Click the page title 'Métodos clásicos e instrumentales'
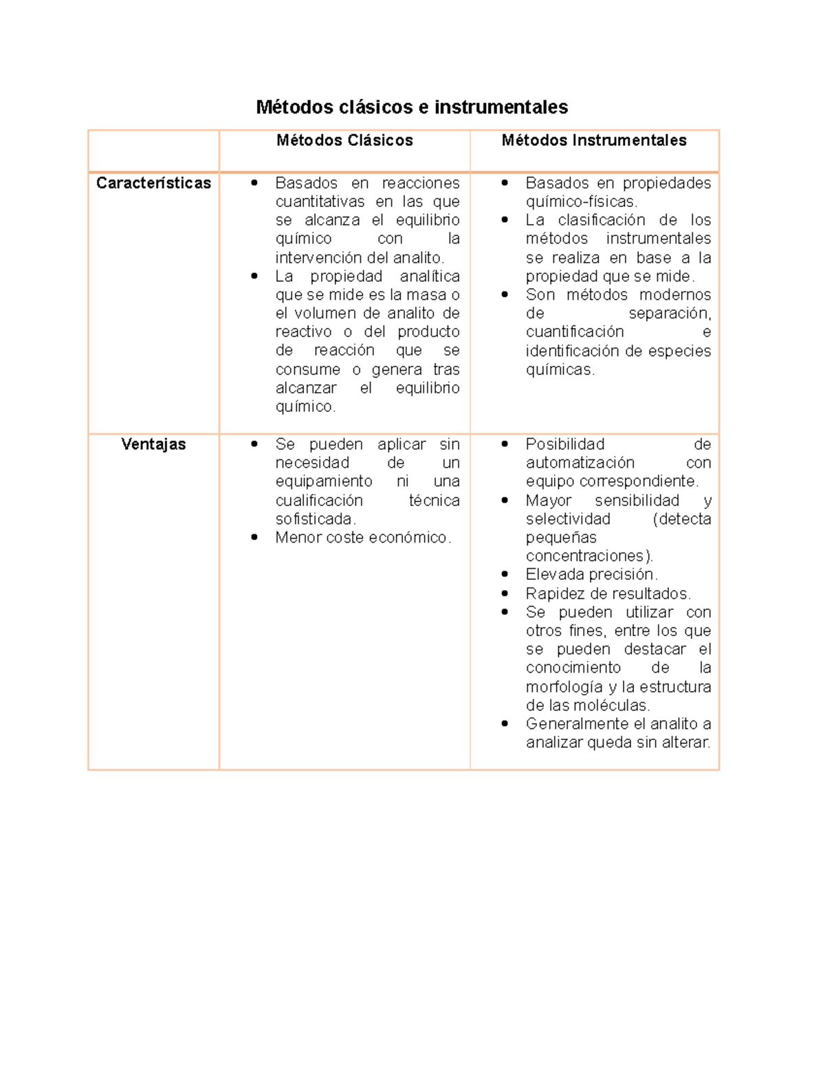pos(412,107)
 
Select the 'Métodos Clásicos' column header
pos(344,140)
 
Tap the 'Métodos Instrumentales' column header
pos(594,140)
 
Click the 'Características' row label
pos(153,183)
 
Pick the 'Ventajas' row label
pos(153,444)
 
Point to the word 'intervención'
pos(309,258)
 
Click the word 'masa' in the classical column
pos(426,295)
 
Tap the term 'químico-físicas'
pos(582,202)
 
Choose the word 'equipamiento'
pos(324,481)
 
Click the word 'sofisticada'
pos(315,519)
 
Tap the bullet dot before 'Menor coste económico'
pos(254,538)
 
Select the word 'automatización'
pos(580,463)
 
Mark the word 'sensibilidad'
pos(637,501)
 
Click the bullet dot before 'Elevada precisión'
pos(505,574)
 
